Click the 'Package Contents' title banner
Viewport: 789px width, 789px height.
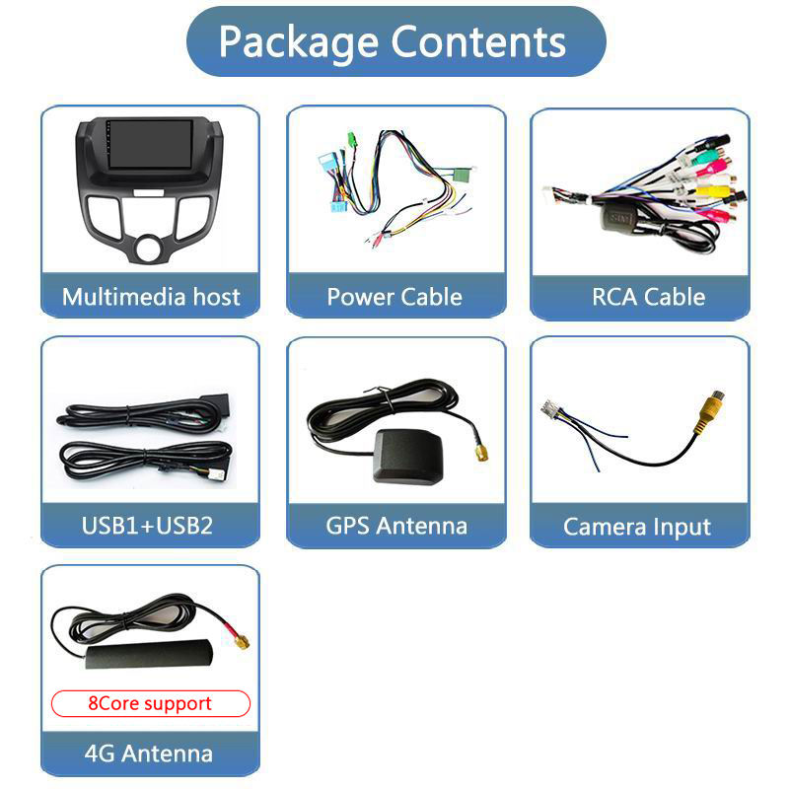point(394,42)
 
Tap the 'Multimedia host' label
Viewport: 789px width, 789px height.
point(151,297)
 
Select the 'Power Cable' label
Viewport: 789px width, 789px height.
point(394,297)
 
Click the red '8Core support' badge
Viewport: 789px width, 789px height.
point(150,703)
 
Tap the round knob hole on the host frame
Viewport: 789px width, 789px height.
point(148,247)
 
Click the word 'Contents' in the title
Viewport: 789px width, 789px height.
point(479,42)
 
